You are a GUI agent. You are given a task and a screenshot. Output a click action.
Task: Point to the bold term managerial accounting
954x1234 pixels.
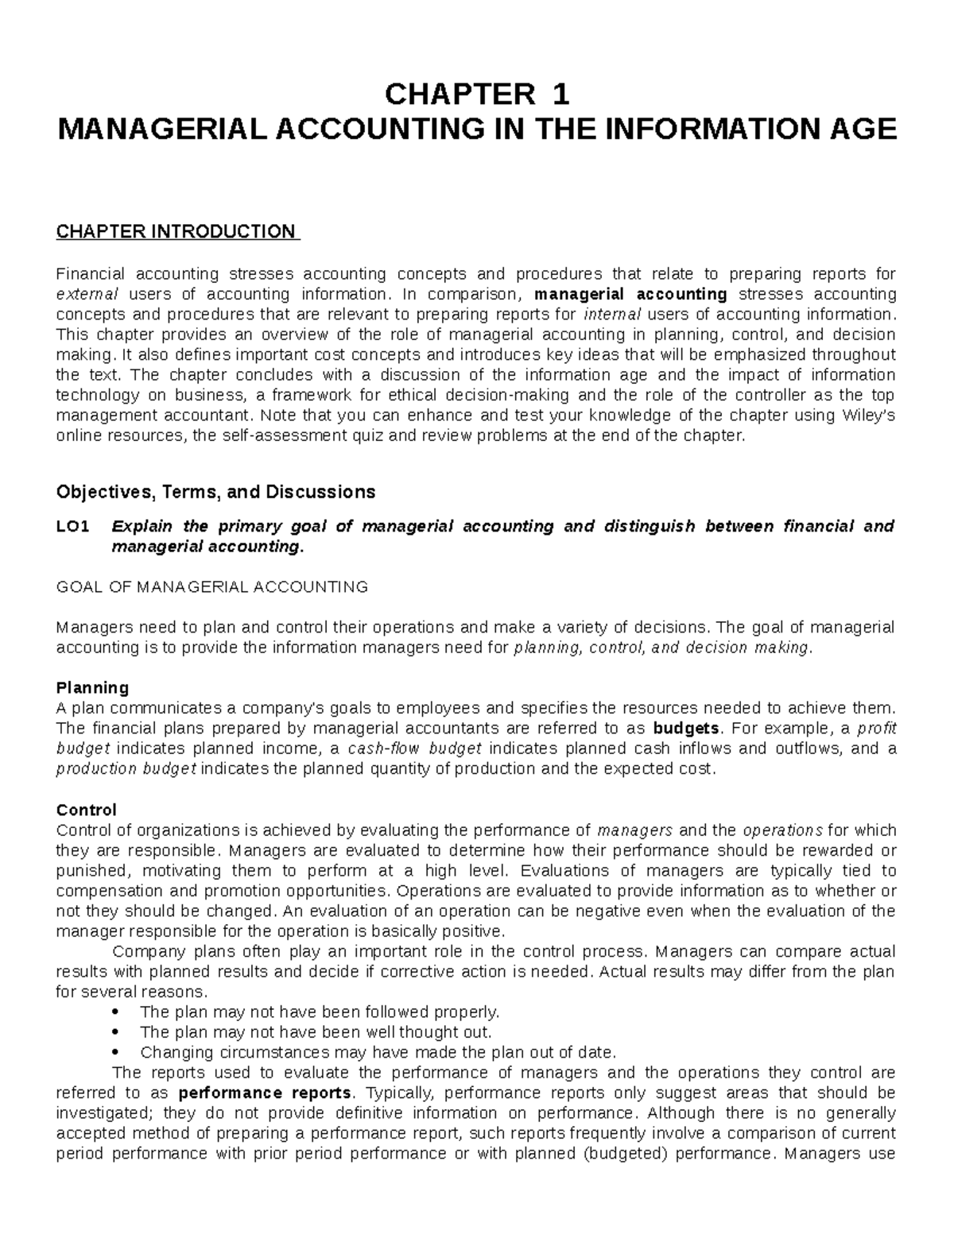[x=631, y=295]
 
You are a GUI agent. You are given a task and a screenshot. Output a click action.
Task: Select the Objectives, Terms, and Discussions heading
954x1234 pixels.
[x=215, y=492]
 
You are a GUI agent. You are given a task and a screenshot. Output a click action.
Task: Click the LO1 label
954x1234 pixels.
[x=73, y=526]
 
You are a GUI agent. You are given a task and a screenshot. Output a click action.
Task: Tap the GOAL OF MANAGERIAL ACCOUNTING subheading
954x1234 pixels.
[x=212, y=587]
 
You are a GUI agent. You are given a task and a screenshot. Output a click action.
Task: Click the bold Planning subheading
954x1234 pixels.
[x=92, y=687]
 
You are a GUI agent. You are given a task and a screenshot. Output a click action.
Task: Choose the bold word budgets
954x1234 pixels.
[x=686, y=729]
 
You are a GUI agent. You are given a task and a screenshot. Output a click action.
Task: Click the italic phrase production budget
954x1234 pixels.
[x=127, y=769]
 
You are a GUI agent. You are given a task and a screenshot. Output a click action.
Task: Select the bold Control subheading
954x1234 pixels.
[x=87, y=810]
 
